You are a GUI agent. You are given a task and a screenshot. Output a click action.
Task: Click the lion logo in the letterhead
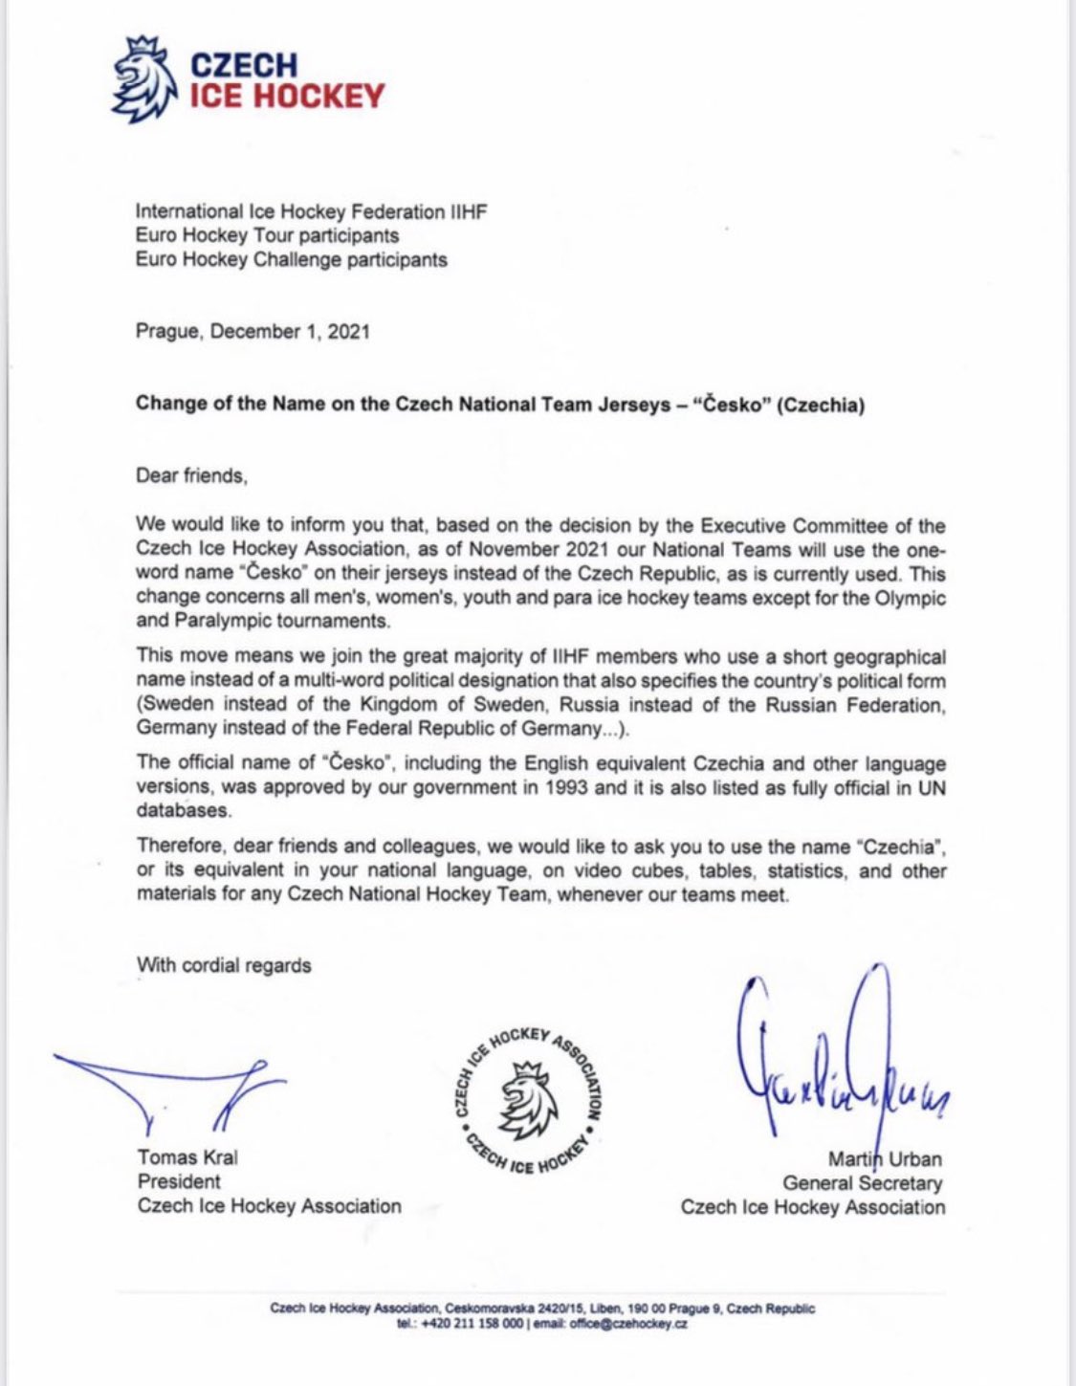click(x=144, y=80)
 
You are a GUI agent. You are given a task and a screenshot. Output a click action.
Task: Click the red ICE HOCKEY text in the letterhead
click(x=287, y=96)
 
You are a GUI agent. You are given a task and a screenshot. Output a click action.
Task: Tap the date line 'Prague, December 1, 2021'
click(x=253, y=332)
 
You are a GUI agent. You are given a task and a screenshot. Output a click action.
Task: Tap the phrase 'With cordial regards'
click(x=224, y=964)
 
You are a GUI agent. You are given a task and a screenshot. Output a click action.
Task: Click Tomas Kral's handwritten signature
click(x=172, y=1086)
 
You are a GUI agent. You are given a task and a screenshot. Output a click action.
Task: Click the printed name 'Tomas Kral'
click(x=187, y=1157)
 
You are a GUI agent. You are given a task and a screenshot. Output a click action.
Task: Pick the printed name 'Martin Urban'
click(x=885, y=1159)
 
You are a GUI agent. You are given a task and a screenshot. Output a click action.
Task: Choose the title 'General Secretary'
click(x=862, y=1183)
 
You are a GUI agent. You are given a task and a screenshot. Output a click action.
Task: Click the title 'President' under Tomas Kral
click(x=179, y=1181)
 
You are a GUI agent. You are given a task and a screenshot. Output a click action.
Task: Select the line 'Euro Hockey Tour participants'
click(x=267, y=235)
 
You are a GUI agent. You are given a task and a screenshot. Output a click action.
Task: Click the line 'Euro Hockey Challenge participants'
click(x=291, y=259)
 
